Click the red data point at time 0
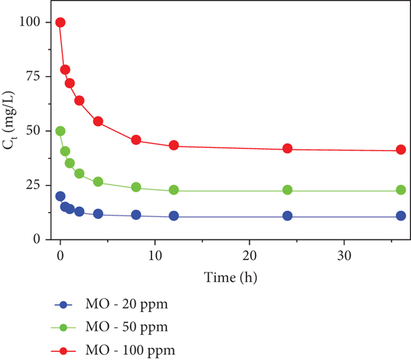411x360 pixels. click(60, 23)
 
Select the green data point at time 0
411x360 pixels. click(60, 131)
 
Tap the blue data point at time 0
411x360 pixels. click(60, 196)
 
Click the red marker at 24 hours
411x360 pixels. click(288, 149)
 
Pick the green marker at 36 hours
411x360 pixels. click(401, 190)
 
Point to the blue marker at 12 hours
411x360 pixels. click(174, 216)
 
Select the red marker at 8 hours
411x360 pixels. click(136, 140)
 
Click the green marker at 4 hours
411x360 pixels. click(98, 181)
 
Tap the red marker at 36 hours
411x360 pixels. click(401, 149)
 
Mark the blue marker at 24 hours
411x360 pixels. click(288, 216)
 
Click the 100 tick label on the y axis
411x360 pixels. click(29, 22)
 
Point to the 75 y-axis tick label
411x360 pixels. click(33, 76)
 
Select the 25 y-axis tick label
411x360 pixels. click(33, 185)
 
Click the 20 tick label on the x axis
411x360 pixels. click(249, 256)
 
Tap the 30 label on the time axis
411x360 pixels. click(344, 256)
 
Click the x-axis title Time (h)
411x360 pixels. click(230, 277)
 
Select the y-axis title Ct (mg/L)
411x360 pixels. click(10, 120)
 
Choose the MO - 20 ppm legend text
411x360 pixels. click(127, 305)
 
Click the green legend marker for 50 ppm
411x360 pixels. click(64, 327)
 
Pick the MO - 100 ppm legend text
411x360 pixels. click(130, 350)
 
